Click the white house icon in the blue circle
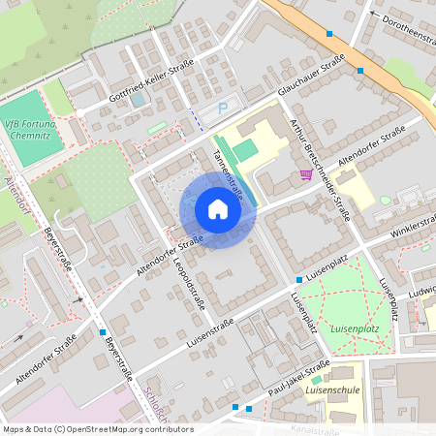217,209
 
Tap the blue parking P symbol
223,109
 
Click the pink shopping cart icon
306,174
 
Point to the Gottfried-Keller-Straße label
151,78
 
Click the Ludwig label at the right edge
422,290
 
